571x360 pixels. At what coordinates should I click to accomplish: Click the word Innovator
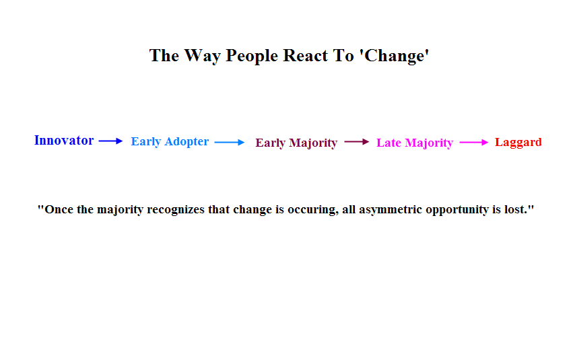tap(64, 140)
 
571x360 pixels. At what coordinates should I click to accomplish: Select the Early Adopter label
tap(170, 141)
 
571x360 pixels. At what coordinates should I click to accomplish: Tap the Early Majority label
tap(296, 143)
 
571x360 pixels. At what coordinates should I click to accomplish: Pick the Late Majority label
tap(414, 143)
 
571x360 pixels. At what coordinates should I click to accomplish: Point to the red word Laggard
tap(518, 142)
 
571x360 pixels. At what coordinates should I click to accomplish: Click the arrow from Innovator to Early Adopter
tap(110, 141)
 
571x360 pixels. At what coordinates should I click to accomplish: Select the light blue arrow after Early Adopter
tap(230, 143)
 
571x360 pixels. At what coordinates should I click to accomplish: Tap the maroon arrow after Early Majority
tap(356, 141)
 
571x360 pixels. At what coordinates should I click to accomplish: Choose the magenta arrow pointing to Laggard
tap(474, 143)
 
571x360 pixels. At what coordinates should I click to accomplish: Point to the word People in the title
tap(252, 56)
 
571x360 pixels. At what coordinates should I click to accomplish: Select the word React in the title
tap(305, 56)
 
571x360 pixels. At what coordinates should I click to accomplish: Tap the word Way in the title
tap(202, 56)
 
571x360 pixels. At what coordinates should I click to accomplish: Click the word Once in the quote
tap(55, 209)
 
